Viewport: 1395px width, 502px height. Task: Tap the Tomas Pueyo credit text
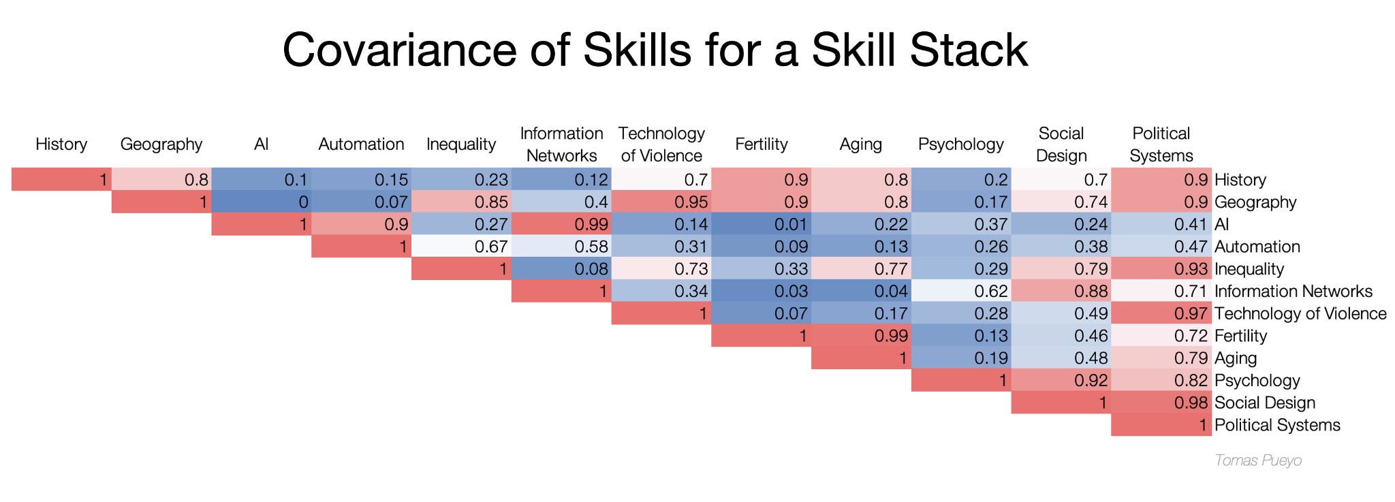coord(1257,460)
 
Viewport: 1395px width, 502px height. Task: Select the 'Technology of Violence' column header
coord(661,144)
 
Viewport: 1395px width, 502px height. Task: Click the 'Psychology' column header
coord(960,144)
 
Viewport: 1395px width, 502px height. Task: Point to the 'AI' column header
coord(261,144)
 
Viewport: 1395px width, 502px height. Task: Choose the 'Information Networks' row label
coord(1293,292)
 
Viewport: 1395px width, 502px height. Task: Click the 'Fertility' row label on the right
coord(1240,336)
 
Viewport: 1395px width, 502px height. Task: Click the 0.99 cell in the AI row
coord(561,224)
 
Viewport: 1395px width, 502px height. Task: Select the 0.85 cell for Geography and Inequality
coord(461,202)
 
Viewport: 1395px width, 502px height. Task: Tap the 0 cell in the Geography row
coord(261,202)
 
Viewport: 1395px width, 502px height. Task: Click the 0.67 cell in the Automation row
coord(461,247)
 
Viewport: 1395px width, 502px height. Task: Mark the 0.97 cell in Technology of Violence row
coord(1161,314)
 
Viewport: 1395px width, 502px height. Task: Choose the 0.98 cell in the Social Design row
coord(1161,403)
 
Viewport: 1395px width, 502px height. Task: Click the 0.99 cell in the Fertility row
coord(861,336)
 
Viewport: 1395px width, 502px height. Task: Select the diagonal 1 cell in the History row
coord(61,180)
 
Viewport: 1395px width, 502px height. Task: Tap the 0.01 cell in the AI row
coord(761,224)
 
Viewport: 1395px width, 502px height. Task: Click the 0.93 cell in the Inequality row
coord(1161,269)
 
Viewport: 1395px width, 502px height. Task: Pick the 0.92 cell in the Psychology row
coord(1061,380)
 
